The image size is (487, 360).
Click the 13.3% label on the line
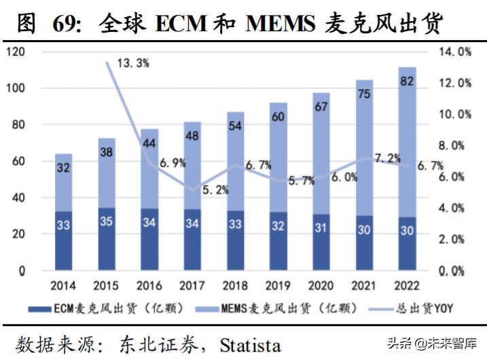point(133,63)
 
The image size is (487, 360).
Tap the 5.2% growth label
point(216,190)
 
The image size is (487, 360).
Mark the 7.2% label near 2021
point(373,158)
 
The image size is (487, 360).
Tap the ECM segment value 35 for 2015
point(106,221)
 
